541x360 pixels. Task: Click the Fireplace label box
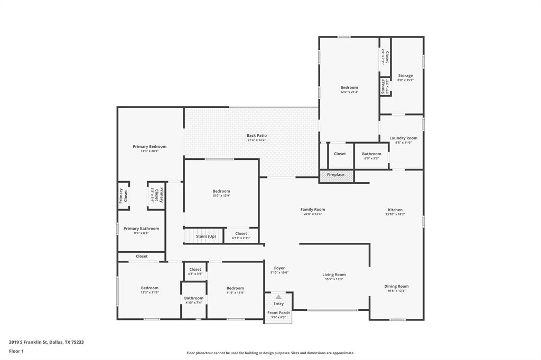point(336,175)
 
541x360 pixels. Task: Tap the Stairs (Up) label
point(206,236)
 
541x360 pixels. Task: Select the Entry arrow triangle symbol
point(278,297)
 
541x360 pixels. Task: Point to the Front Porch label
point(278,313)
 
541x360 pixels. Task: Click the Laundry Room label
point(404,138)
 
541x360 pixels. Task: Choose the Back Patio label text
point(257,136)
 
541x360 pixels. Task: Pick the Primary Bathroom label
point(141,229)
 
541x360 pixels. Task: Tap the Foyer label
point(279,268)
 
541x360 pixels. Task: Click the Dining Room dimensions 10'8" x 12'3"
point(396,291)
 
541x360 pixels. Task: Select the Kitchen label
point(395,210)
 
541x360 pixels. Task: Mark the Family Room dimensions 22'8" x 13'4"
point(313,214)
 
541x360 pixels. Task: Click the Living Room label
point(334,274)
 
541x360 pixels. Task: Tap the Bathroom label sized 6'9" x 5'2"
point(371,154)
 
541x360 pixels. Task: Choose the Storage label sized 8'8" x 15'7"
point(406,76)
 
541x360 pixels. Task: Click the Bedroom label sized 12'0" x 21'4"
point(349,88)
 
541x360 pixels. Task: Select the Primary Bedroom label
point(150,147)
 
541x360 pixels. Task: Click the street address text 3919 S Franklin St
point(30,342)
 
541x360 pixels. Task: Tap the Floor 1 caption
point(16,351)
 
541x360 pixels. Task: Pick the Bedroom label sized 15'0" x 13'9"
point(221,191)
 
